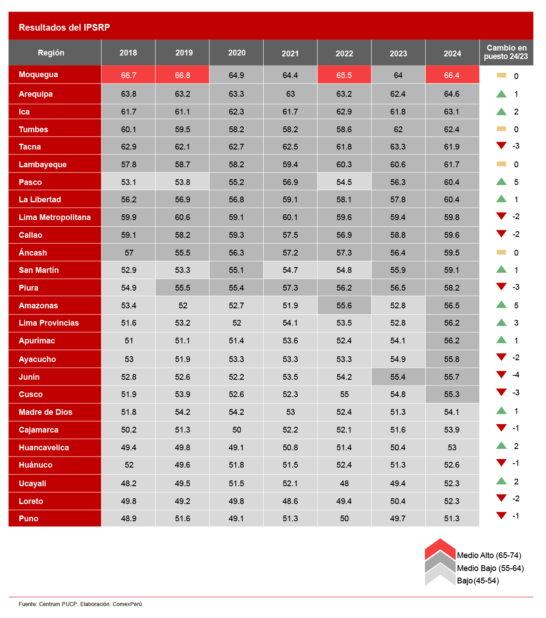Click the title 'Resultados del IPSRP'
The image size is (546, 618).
click(x=64, y=28)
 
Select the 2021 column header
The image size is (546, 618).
click(x=290, y=53)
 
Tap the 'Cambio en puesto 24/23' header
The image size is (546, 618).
click(x=506, y=52)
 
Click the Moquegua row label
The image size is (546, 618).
click(x=39, y=75)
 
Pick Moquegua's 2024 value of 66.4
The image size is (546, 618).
click(x=452, y=75)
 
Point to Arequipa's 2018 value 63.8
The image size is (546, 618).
click(x=129, y=94)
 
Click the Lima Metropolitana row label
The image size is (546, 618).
click(x=55, y=217)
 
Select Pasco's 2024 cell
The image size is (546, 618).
click(x=452, y=182)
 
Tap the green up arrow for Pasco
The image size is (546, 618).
click(x=501, y=181)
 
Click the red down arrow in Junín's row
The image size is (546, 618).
click(x=501, y=375)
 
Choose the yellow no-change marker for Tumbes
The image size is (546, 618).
click(x=501, y=129)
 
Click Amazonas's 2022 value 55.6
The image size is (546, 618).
click(x=344, y=306)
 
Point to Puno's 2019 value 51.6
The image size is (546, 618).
click(x=182, y=519)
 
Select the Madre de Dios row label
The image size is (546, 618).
click(x=46, y=412)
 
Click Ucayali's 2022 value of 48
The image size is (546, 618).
click(x=344, y=484)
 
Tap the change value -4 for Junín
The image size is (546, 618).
click(x=516, y=375)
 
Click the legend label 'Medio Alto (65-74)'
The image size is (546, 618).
click(x=489, y=555)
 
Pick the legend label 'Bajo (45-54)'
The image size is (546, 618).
click(x=478, y=581)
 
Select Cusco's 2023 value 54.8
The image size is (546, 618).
click(x=398, y=394)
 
